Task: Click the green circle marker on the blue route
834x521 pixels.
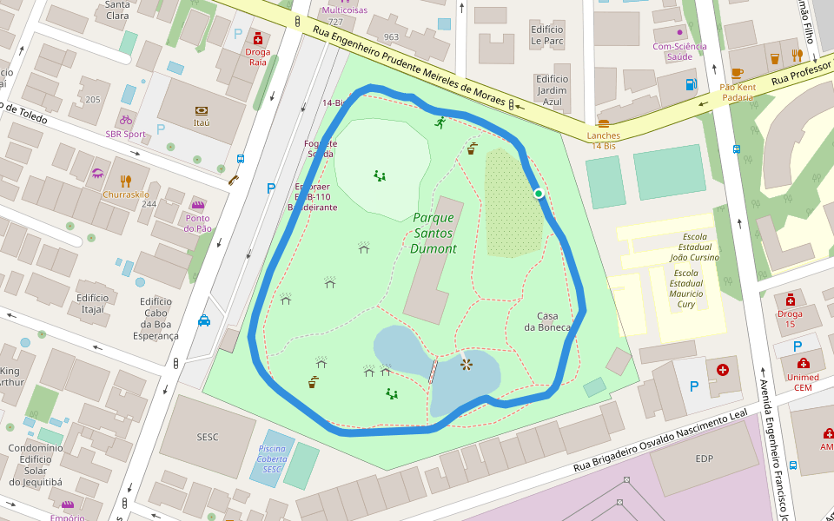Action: click(x=539, y=193)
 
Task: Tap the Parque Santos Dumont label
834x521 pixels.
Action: click(x=434, y=233)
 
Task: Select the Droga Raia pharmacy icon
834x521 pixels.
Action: click(x=257, y=38)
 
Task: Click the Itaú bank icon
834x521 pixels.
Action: click(x=202, y=110)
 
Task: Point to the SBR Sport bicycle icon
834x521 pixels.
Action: click(x=126, y=120)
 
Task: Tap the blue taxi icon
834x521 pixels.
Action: click(x=204, y=320)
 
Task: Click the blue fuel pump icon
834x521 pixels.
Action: click(x=692, y=84)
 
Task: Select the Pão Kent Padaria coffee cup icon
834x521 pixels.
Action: click(x=737, y=73)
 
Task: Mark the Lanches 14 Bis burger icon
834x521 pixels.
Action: click(x=604, y=123)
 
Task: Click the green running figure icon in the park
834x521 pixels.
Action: click(x=440, y=122)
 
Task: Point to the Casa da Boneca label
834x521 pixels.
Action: click(x=547, y=321)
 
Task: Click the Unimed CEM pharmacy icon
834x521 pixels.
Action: click(x=804, y=363)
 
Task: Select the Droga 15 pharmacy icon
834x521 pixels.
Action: click(x=790, y=300)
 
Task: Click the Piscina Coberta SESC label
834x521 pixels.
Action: click(x=272, y=458)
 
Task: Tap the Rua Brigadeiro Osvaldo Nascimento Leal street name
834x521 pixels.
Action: click(x=660, y=443)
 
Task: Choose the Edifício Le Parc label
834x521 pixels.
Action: click(x=547, y=35)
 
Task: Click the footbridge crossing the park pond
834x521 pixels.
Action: click(x=433, y=370)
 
